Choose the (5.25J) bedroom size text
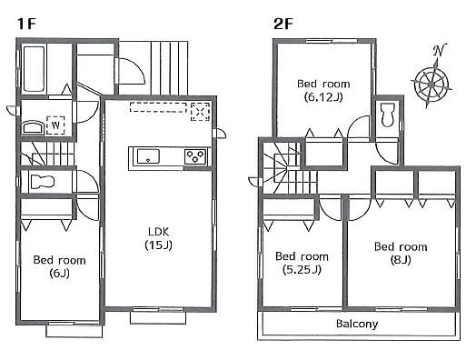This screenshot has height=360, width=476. click(300, 270)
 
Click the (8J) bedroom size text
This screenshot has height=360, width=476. click(400, 260)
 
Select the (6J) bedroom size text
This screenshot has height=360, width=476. click(59, 274)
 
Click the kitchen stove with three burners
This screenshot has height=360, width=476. click(196, 156)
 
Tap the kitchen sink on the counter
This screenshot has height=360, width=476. click(148, 156)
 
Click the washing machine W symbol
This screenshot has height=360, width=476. click(55, 126)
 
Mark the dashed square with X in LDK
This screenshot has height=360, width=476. click(201, 111)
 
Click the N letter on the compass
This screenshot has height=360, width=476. click(440, 50)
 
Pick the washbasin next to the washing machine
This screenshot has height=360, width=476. click(30, 127)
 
